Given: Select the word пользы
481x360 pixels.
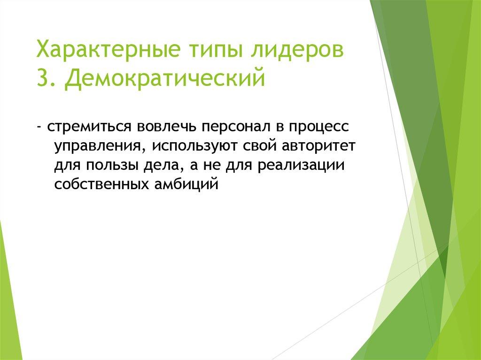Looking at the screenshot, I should (x=111, y=166).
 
